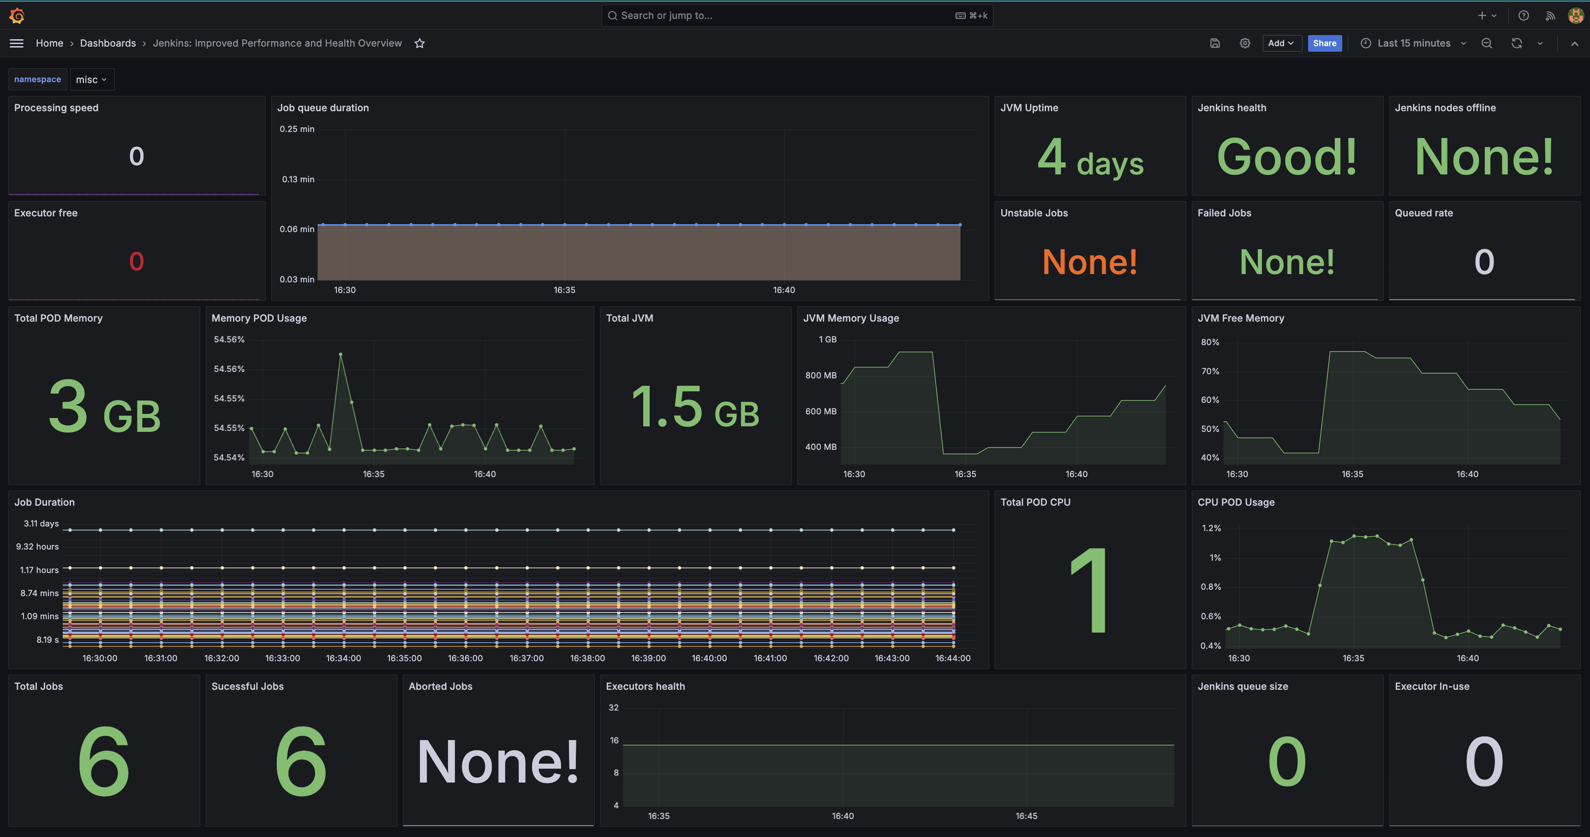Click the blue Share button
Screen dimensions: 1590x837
pos(1325,43)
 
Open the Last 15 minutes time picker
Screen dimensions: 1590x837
pos(1413,43)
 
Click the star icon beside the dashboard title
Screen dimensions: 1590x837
pos(420,43)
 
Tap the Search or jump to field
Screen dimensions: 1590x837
pos(797,15)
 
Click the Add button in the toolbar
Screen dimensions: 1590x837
pos(1281,43)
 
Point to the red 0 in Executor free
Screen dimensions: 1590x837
pos(137,262)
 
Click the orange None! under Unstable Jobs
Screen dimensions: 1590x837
pos(1089,262)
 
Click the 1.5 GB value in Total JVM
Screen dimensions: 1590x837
pos(695,407)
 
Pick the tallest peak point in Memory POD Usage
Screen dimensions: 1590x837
pos(340,354)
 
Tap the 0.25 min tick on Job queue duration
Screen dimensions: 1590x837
pos(297,129)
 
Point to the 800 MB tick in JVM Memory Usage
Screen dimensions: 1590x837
pos(821,375)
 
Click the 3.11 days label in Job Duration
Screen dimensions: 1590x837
pos(42,523)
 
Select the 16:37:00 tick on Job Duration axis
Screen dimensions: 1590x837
pos(526,658)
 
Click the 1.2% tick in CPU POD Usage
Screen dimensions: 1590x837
pos(1212,528)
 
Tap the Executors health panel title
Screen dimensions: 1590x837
pos(645,687)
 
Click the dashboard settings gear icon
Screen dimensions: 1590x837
pos(1245,43)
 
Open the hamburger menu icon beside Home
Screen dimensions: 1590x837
pos(17,43)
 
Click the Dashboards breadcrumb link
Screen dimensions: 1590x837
pos(108,43)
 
